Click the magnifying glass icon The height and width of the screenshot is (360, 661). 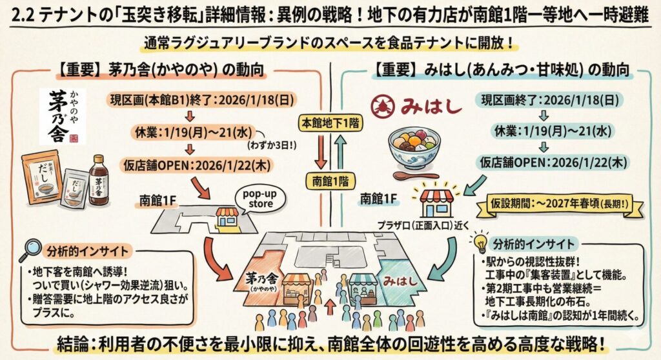coord(30,250)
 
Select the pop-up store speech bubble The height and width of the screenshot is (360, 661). coord(259,199)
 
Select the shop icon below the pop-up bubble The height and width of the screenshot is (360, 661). coord(227,217)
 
